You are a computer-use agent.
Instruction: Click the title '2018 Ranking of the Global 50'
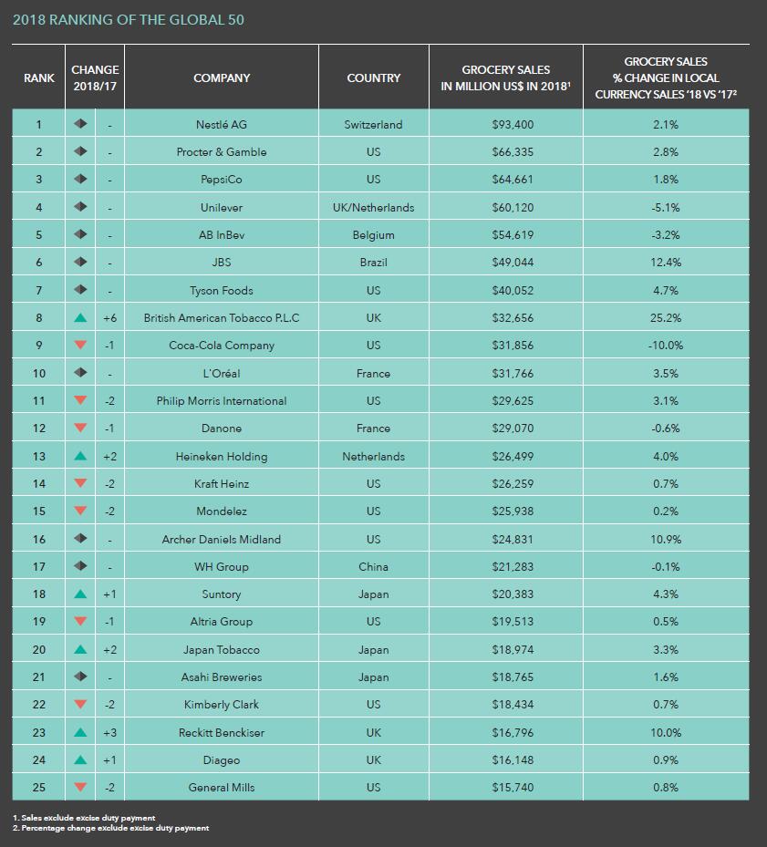tap(128, 20)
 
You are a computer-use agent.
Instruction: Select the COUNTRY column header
tap(374, 77)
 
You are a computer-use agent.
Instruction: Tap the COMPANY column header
tap(222, 77)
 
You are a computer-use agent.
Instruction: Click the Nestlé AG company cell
tap(222, 124)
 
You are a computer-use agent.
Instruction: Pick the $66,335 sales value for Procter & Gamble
tap(513, 151)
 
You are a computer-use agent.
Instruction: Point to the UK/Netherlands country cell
tap(374, 208)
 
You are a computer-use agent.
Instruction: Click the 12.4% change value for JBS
tap(666, 263)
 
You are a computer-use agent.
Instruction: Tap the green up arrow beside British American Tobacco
tap(80, 317)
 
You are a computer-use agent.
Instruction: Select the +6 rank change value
tap(109, 317)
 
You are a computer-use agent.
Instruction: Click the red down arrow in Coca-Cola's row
tap(80, 345)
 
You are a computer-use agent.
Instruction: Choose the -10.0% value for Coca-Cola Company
tap(666, 346)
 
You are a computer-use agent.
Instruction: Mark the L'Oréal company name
tap(222, 373)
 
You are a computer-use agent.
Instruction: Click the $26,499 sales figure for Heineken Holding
tap(513, 457)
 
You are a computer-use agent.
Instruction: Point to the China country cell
tap(374, 567)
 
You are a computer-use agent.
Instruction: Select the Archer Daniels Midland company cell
tap(222, 539)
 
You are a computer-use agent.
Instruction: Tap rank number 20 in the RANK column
tap(39, 649)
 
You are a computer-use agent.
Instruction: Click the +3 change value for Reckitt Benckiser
tap(109, 732)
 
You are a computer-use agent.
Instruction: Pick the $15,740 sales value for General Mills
tap(513, 788)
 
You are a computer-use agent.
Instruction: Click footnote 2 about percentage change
tap(110, 828)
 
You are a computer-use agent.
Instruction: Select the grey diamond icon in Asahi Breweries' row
tap(80, 677)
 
